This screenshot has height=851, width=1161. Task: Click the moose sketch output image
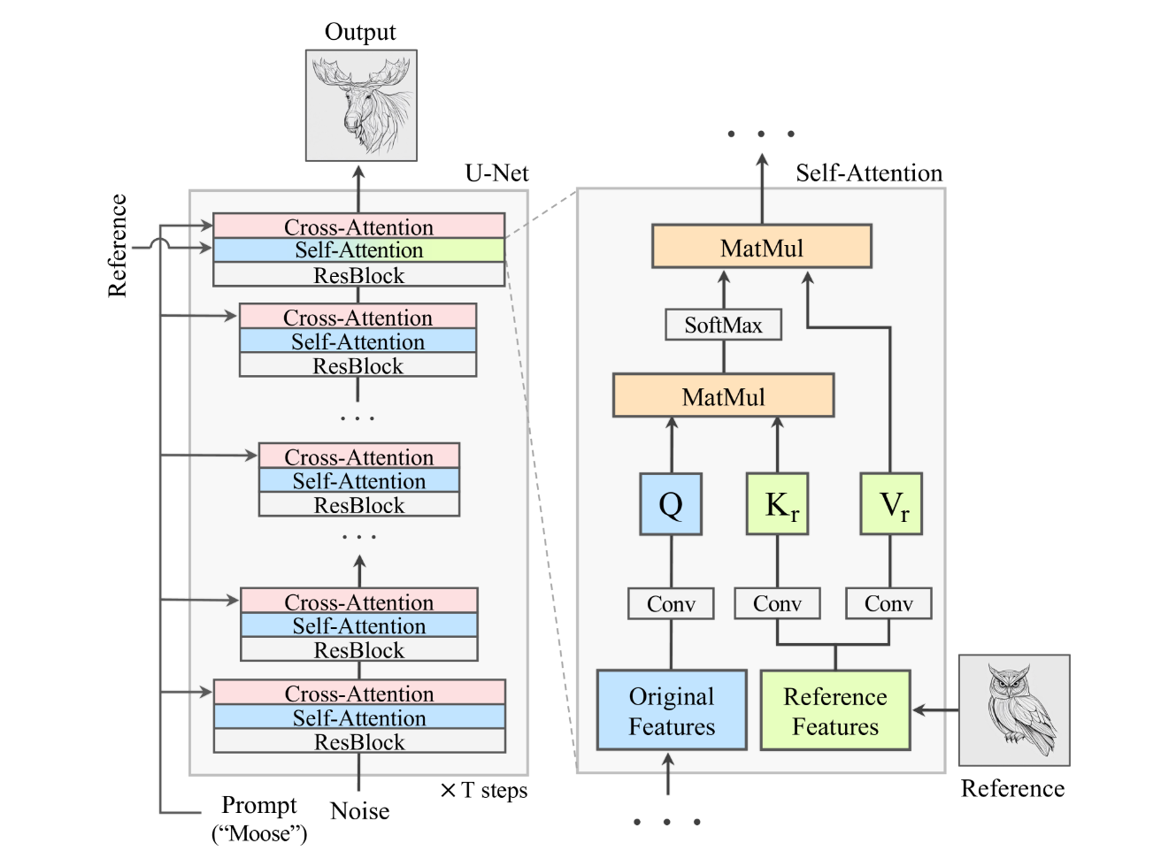click(x=361, y=105)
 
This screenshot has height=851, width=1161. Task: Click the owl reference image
click(x=1014, y=710)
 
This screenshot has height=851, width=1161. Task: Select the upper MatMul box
click(x=761, y=247)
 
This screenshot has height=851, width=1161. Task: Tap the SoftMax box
click(x=723, y=325)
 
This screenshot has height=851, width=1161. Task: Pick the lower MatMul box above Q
click(x=723, y=395)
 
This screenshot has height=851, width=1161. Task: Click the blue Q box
click(x=671, y=504)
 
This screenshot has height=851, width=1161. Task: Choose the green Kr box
click(x=777, y=504)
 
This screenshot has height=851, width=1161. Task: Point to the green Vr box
click(x=891, y=504)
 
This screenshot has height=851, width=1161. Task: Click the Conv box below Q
click(x=671, y=604)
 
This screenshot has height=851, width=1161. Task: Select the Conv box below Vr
click(x=888, y=604)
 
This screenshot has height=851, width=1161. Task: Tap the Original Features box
click(x=672, y=710)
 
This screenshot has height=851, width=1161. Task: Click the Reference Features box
click(x=835, y=710)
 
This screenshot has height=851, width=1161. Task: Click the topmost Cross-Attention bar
click(x=358, y=226)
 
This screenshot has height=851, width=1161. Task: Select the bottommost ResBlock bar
click(x=359, y=741)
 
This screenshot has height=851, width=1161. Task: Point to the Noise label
click(x=359, y=810)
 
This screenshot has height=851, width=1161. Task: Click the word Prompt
click(x=258, y=805)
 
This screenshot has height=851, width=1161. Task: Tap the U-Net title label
click(x=496, y=172)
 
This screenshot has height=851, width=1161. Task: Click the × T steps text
click(x=484, y=790)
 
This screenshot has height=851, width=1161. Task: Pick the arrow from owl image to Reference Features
click(x=935, y=709)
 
